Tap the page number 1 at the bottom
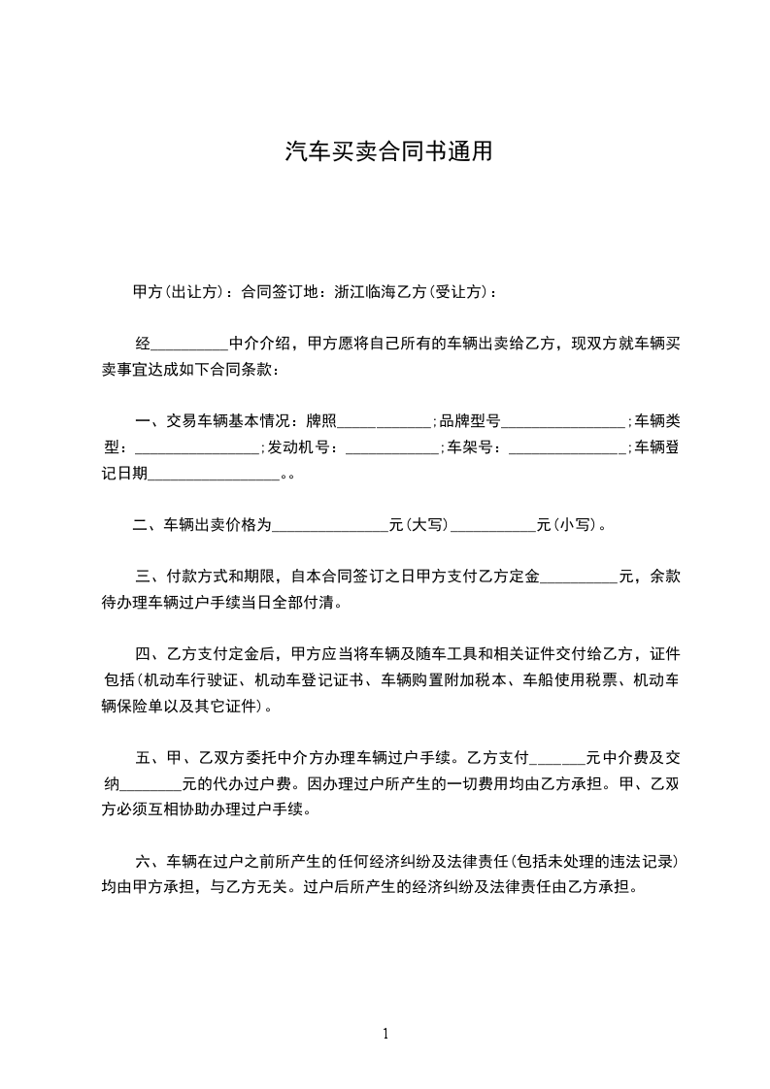(x=385, y=1034)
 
